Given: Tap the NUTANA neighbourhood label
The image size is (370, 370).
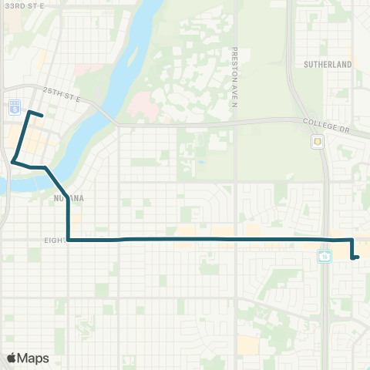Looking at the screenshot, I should (68, 198).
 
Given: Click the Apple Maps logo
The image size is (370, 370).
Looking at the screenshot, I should (28, 358).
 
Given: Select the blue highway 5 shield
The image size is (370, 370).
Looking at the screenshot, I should (14, 106).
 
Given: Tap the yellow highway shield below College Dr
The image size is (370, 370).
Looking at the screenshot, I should (317, 142).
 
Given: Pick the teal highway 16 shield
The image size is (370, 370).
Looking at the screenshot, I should (325, 255).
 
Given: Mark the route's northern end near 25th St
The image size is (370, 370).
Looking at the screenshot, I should (42, 116).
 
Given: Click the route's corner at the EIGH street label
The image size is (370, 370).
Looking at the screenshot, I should (69, 240).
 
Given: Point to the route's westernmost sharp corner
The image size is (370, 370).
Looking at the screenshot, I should (13, 161).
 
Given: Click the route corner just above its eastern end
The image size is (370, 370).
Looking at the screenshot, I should (351, 240).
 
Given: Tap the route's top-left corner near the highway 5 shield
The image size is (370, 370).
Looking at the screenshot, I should (29, 113).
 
